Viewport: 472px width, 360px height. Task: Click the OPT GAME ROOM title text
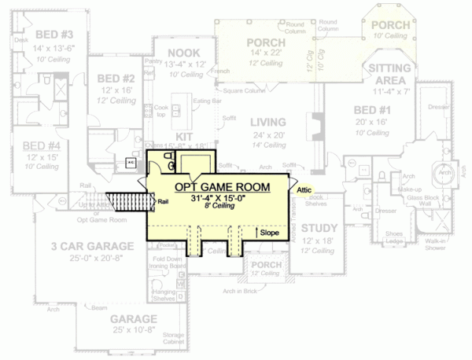pyautogui.click(x=221, y=186)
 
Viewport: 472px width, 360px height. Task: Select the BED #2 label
pyautogui.click(x=116, y=79)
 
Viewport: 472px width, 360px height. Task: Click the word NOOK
pyautogui.click(x=182, y=53)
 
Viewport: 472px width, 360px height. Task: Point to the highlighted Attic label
pyautogui.click(x=306, y=189)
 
